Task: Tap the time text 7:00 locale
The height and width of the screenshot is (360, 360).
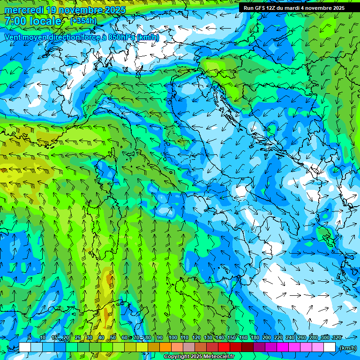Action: pyautogui.click(x=33, y=21)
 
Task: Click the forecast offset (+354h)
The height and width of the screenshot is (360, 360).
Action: pyautogui.click(x=83, y=21)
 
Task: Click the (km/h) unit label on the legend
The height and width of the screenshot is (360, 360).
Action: pyautogui.click(x=348, y=347)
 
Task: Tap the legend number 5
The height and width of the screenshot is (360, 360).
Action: pyautogui.click(x=30, y=337)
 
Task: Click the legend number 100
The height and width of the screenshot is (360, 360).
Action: pyautogui.click(x=173, y=337)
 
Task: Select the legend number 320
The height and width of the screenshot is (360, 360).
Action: pyautogui.click(x=337, y=337)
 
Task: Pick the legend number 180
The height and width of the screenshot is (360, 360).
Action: pyautogui.click(x=255, y=337)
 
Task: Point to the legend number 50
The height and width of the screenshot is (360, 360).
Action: pyautogui.click(x=113, y=337)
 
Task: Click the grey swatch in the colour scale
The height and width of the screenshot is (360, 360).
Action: pyautogui.click(x=189, y=347)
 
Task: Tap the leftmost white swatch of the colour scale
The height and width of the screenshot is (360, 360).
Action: pyautogui.click(x=25, y=347)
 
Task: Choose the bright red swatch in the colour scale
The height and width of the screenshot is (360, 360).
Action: pyautogui.click(x=224, y=347)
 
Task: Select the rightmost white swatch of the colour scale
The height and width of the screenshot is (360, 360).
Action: pyautogui.click(x=330, y=347)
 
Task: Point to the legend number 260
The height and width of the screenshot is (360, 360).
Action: pyautogui.click(x=302, y=337)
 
